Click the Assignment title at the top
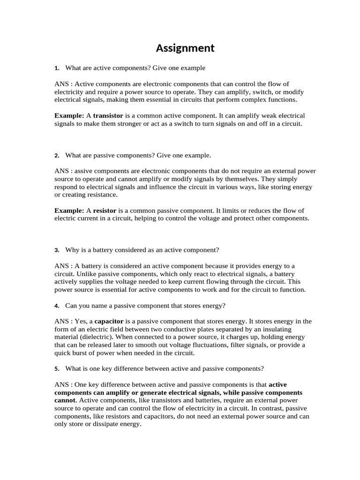(x=185, y=48)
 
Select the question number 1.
(x=56, y=68)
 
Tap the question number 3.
(x=56, y=250)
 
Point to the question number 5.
(x=56, y=368)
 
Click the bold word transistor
(x=108, y=115)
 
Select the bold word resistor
(x=105, y=210)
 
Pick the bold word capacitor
(x=109, y=321)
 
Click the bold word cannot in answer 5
(x=66, y=400)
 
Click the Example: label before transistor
(x=69, y=115)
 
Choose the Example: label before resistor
(x=69, y=210)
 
